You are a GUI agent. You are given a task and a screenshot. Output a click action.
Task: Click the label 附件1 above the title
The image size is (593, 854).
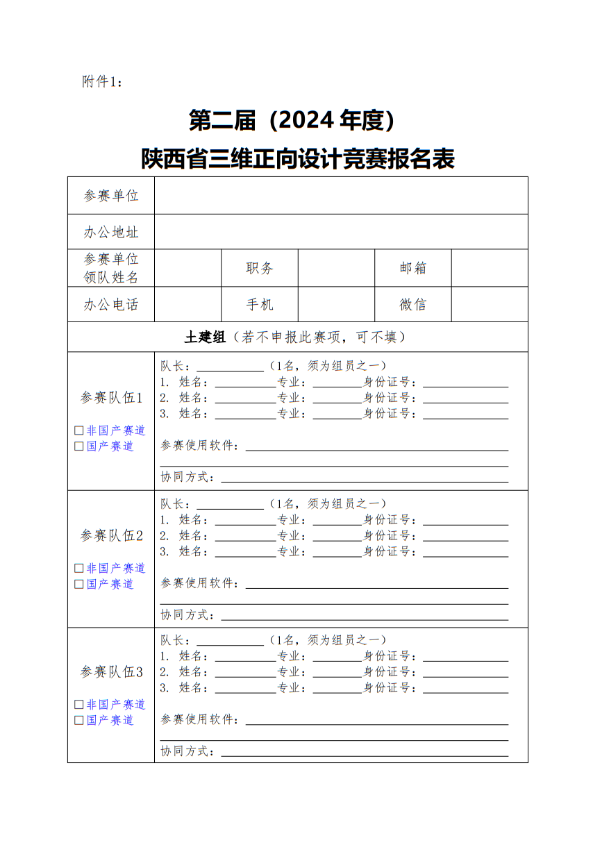pyautogui.click(x=101, y=82)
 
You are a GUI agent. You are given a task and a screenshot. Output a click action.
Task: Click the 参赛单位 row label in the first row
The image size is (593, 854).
pyautogui.click(x=111, y=196)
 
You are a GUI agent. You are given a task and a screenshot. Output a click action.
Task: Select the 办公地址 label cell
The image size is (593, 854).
pyautogui.click(x=111, y=232)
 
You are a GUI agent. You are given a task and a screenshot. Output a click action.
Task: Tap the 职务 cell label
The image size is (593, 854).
pyautogui.click(x=260, y=268)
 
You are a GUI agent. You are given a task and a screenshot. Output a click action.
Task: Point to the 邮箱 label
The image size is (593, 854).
pyautogui.click(x=413, y=268)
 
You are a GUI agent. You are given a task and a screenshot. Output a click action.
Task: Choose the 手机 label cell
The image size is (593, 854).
pyautogui.click(x=260, y=304)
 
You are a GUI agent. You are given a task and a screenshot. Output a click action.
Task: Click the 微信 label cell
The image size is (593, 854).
pyautogui.click(x=413, y=304)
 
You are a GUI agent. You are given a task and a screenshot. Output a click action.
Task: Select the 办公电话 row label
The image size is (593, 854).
pyautogui.click(x=111, y=304)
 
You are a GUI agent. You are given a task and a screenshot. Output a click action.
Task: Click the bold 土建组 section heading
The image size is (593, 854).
pyautogui.click(x=205, y=337)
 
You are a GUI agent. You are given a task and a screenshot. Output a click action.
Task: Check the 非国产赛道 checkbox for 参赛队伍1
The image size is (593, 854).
pyautogui.click(x=79, y=430)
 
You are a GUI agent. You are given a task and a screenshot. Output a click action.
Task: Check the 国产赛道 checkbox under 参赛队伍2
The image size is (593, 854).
pyautogui.click(x=79, y=584)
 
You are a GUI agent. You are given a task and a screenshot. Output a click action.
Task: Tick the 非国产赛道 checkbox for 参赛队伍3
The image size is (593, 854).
pyautogui.click(x=79, y=704)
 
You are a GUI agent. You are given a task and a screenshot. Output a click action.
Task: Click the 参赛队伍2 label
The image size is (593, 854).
pyautogui.click(x=111, y=535)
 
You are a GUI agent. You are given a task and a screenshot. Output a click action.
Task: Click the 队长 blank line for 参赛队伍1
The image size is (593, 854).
pyautogui.click(x=230, y=367)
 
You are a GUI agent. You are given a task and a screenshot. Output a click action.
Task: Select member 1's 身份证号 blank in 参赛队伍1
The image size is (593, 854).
pyautogui.click(x=465, y=383)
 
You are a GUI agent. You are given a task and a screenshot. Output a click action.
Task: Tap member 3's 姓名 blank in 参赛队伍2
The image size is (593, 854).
pyautogui.click(x=245, y=552)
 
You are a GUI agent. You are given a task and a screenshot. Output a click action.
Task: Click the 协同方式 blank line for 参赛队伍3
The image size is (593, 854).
pyautogui.click(x=364, y=751)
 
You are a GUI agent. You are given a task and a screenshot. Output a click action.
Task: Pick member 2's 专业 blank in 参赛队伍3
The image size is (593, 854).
pyautogui.click(x=337, y=672)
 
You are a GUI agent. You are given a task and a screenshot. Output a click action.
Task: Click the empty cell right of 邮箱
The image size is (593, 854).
pyautogui.click(x=490, y=268)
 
